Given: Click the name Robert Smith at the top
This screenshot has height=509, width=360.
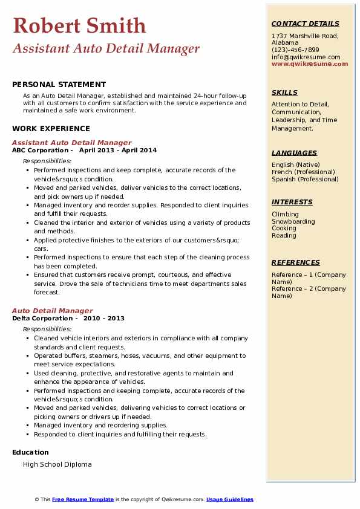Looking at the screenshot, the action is click(79, 25).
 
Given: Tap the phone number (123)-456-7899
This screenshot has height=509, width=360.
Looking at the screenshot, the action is click(295, 50).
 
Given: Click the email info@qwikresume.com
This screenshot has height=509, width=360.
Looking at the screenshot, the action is click(306, 57).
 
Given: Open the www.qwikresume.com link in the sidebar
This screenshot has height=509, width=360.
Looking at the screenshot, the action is click(310, 64).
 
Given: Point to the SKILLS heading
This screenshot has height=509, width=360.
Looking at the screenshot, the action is click(284, 92).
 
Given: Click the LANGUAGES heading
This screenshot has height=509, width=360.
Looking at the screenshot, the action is click(294, 153).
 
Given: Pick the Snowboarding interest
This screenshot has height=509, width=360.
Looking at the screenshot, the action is click(293, 221).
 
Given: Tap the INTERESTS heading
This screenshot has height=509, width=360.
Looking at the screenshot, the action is click(292, 202).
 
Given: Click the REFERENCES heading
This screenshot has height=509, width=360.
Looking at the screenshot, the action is click(296, 262).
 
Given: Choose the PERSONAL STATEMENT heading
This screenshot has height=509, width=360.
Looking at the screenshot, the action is click(59, 85).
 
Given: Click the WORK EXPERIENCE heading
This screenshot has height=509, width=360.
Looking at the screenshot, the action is click(51, 128).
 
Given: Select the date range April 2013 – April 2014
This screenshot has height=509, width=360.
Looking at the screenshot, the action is click(118, 151).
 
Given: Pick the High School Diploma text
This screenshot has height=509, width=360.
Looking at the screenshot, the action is click(57, 464).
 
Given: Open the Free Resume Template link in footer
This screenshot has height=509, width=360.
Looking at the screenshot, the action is click(83, 499).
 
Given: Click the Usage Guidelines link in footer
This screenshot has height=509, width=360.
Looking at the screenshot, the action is click(230, 499).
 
